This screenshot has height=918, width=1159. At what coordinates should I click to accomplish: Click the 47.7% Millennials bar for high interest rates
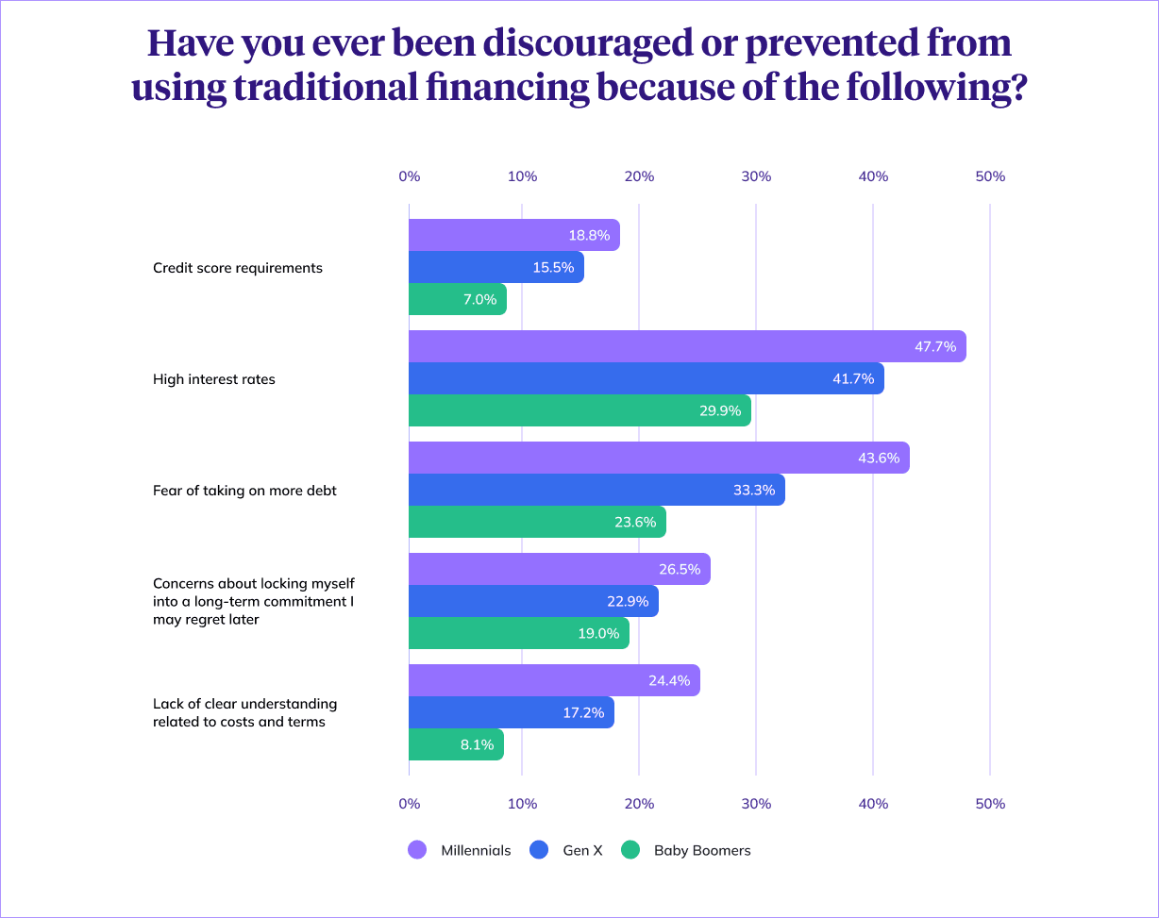coord(687,346)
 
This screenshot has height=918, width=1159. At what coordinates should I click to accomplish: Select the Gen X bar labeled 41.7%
coord(647,378)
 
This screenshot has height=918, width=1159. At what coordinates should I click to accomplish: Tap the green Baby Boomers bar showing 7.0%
coord(458,300)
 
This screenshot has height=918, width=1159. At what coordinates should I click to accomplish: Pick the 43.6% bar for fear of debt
coord(659,458)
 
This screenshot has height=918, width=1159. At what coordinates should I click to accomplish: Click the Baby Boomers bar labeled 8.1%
coord(456,744)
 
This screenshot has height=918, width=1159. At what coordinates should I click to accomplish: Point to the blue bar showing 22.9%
coord(533,601)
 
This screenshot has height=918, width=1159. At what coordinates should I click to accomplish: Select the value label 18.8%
coord(589,236)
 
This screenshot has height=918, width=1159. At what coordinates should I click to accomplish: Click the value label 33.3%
coord(753,491)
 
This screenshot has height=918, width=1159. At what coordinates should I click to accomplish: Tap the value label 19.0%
coord(597,634)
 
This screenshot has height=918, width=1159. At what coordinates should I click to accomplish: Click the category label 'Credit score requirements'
coord(238,268)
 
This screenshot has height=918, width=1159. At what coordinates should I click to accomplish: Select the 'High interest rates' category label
coord(214,379)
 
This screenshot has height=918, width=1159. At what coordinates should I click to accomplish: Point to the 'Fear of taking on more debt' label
coord(244,491)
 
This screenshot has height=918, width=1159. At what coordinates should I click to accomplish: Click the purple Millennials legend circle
coord(417,850)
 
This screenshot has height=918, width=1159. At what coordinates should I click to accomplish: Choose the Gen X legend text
coord(582,850)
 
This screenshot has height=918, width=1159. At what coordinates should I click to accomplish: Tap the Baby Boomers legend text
coord(702,850)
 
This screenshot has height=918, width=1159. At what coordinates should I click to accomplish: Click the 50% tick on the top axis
coord(989,176)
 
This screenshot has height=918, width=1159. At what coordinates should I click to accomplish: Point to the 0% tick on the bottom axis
coord(409,804)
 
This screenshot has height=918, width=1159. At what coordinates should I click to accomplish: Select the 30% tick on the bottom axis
coord(756,804)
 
